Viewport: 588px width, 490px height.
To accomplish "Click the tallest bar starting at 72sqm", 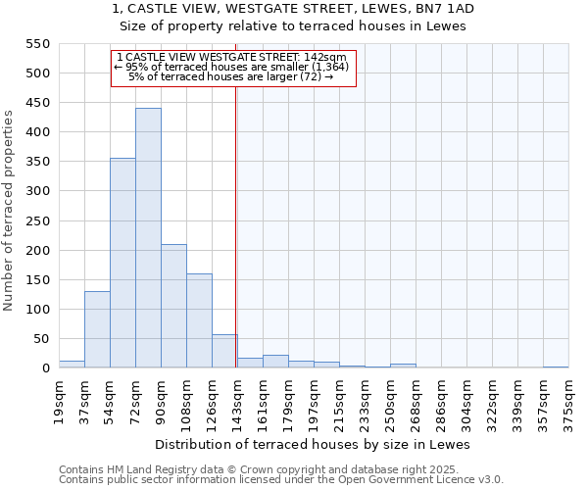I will [148, 238].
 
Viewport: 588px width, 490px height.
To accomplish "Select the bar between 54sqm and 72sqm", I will [122, 263].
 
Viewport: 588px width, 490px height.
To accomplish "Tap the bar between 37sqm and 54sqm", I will [97, 329].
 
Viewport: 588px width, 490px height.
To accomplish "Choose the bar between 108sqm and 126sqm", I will [199, 320].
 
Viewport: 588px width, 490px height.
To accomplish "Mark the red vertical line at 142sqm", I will [236, 225].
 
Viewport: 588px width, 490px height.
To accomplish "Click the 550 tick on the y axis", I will [37, 44].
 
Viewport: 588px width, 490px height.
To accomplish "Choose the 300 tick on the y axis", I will [37, 191].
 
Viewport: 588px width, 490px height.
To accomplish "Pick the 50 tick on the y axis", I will [41, 339].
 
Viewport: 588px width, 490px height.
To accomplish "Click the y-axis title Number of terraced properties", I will [10, 211].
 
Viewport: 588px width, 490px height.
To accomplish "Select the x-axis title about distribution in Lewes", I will [313, 445].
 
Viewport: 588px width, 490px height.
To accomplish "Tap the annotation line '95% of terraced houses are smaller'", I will [232, 67].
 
